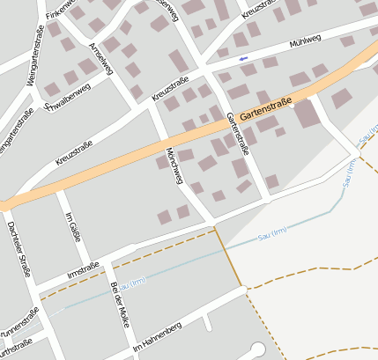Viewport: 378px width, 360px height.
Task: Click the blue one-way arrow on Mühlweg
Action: coord(243,58)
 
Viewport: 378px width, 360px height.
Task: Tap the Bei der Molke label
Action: coord(120,305)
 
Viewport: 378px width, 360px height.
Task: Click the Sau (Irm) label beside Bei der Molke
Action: coord(131,283)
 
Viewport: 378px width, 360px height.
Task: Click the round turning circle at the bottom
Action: coord(257,349)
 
